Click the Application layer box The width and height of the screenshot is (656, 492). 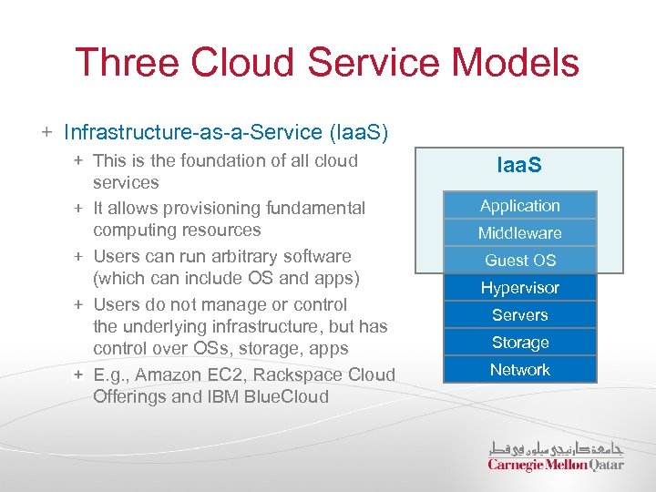coord(519,206)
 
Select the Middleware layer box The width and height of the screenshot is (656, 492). coord(519,233)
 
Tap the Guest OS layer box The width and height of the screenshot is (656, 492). coord(519,261)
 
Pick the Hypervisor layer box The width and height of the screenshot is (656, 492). coord(519,288)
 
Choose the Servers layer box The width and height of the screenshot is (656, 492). coord(519,315)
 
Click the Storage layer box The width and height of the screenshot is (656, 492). coord(519,343)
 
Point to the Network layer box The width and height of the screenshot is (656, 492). coord(519,370)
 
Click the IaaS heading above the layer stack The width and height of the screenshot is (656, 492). coord(519,165)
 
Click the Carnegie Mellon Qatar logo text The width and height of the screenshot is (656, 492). coord(556,465)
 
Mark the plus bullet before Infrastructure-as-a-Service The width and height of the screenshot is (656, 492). coord(46,133)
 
